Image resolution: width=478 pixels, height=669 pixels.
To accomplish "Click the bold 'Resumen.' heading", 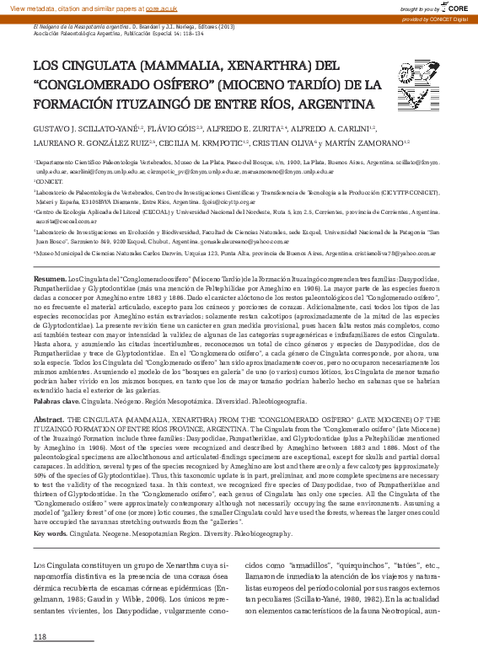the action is click(x=50, y=254).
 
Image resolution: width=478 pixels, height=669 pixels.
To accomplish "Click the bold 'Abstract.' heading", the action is click(x=50, y=419).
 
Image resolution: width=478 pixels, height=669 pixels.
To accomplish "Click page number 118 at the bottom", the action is click(x=40, y=635).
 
